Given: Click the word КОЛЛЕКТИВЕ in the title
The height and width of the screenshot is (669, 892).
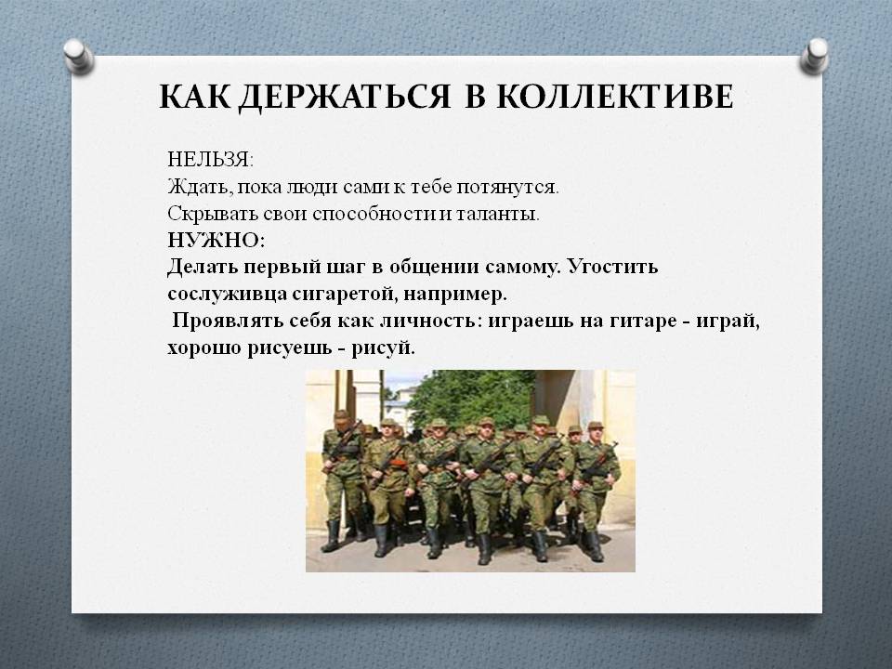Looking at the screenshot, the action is pyautogui.click(x=615, y=96).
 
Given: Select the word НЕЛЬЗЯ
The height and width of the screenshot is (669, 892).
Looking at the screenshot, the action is pyautogui.click(x=209, y=161).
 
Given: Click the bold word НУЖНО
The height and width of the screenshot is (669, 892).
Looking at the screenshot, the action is pyautogui.click(x=215, y=240).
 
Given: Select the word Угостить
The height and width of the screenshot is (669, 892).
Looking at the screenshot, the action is pyautogui.click(x=612, y=268).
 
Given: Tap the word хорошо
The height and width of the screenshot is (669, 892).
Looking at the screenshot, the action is pyautogui.click(x=203, y=348).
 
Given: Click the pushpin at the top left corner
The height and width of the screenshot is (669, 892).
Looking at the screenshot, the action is pyautogui.click(x=78, y=56).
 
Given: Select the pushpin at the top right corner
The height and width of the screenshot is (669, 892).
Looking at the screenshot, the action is pyautogui.click(x=815, y=56).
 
